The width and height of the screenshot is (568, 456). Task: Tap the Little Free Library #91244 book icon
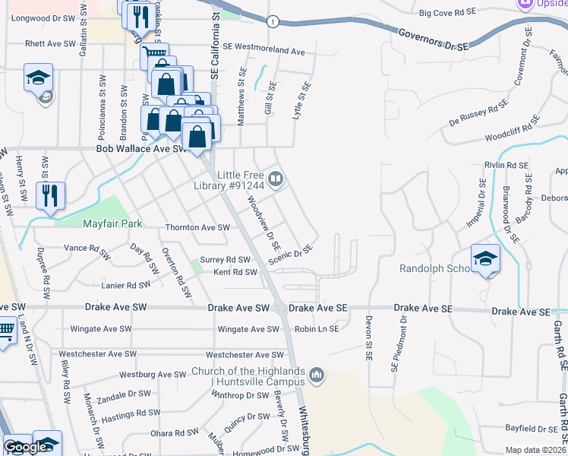(x=276, y=179)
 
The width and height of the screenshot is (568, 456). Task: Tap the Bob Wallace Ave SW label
(x=141, y=150)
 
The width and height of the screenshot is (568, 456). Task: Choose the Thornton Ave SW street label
(x=197, y=228)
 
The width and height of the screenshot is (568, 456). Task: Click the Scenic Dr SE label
(x=290, y=256)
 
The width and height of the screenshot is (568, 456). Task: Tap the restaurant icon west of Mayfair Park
(x=51, y=195)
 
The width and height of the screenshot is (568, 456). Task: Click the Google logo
(x=26, y=447)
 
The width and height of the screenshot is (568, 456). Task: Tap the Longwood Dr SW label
(x=40, y=17)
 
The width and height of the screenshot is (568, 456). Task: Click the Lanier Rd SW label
(x=127, y=285)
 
